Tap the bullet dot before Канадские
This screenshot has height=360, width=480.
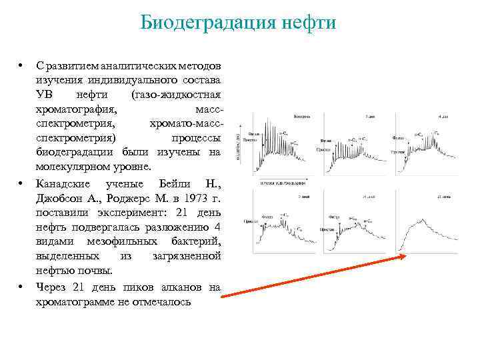point(21,183)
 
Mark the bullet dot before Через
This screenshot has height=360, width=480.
point(21,286)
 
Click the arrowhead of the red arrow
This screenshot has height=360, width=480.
point(404,255)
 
